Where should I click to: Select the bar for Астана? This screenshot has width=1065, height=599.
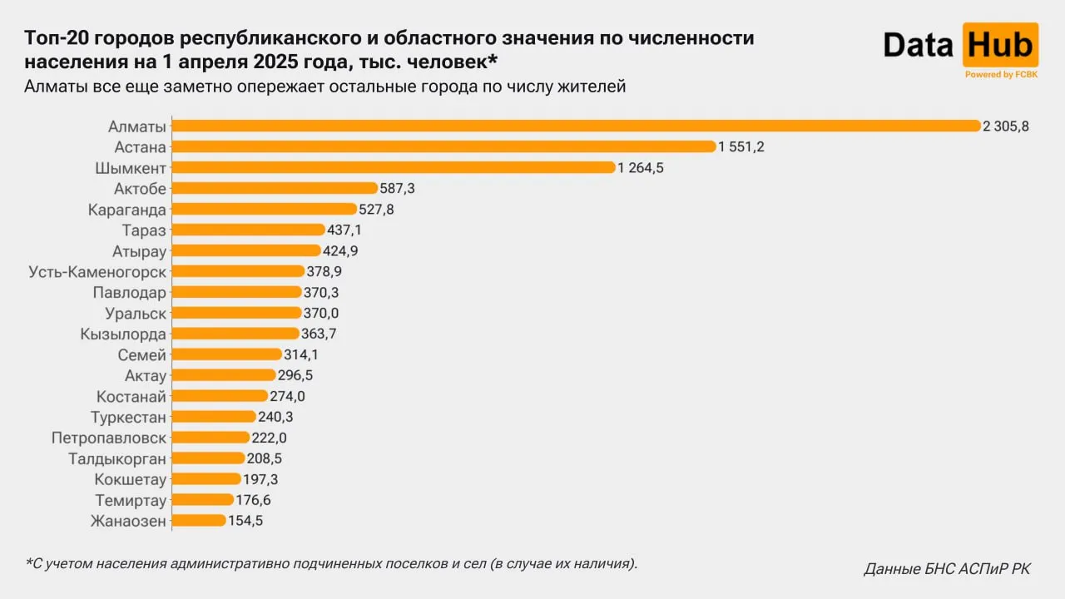tap(443, 146)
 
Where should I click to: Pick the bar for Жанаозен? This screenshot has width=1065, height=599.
tap(198, 521)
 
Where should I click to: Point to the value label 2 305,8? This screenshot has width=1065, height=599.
tap(1006, 126)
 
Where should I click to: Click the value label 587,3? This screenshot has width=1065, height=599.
tap(397, 189)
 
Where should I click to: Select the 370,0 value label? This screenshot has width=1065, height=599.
tap(321, 314)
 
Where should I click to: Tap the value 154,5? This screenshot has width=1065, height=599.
tap(245, 522)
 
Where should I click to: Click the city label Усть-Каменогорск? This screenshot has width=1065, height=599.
tap(97, 272)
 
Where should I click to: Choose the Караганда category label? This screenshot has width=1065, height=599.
tap(127, 210)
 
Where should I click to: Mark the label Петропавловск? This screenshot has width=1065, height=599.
tap(109, 438)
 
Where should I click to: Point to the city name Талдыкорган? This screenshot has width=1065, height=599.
tap(117, 459)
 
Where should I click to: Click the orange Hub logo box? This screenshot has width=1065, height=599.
tap(1000, 45)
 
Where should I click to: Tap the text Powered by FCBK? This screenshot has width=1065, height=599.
tap(1000, 75)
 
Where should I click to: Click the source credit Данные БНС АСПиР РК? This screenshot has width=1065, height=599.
tap(947, 570)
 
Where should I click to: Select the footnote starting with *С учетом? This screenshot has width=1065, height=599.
tap(331, 564)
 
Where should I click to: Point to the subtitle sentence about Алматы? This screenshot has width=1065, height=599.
tap(324, 87)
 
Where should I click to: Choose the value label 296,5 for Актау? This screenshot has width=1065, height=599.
tap(295, 376)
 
